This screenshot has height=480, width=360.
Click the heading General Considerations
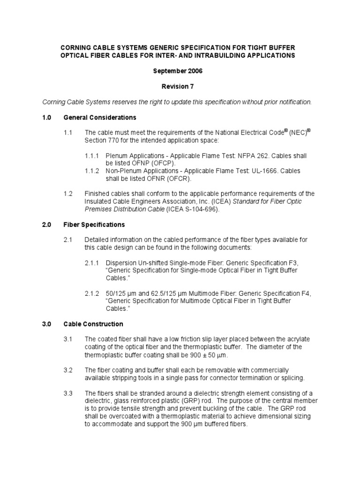(100, 117)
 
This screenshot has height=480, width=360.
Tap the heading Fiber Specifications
(94, 225)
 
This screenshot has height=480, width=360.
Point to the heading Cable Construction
(93, 324)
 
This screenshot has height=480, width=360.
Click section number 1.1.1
(92, 156)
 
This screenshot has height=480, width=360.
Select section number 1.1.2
(92, 171)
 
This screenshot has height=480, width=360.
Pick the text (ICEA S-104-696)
(192, 209)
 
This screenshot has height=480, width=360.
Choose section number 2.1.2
(92, 293)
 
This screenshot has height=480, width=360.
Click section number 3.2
(68, 370)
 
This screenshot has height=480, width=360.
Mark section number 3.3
(68, 393)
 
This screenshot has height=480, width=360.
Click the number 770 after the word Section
(115, 140)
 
